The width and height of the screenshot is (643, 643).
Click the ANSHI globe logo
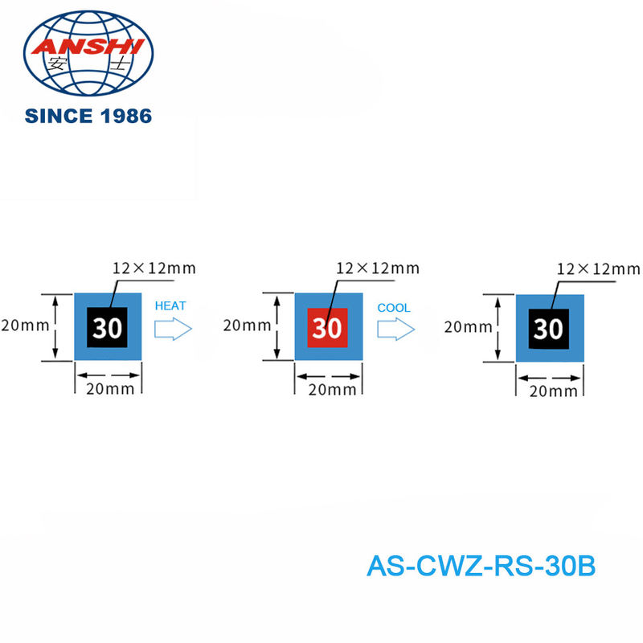pos(88,55)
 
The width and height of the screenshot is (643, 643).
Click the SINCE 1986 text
pos(88,116)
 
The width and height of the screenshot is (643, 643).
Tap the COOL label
pos(394,307)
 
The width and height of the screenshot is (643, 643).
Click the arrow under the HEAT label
pos(173,328)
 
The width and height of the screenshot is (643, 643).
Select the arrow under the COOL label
pos(396,328)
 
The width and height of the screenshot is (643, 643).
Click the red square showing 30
pos(327,327)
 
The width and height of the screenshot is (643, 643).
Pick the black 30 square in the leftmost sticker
pos(107,327)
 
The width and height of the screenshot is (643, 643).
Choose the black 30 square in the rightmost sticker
pos(548,329)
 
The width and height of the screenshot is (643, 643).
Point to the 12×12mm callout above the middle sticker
pos(378,268)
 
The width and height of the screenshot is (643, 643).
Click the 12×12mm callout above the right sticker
pos(599,268)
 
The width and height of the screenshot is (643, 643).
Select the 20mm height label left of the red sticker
pos(245,326)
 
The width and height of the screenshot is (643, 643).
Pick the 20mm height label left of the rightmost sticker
pos(467,326)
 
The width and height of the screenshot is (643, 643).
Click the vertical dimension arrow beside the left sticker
pos(55,327)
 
